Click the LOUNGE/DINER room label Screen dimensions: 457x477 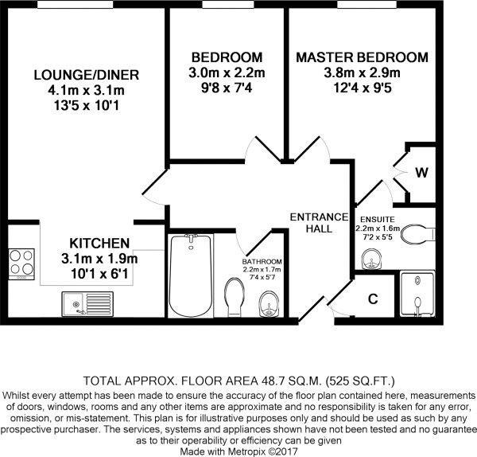(87, 76)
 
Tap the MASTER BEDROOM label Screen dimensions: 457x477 (362, 58)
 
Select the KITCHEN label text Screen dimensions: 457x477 (99, 243)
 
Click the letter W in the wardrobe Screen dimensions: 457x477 (421, 171)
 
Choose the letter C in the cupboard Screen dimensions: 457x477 (372, 300)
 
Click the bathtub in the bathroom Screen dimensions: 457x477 (189, 277)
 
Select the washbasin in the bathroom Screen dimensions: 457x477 (268, 304)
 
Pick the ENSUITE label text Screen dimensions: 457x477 (376, 218)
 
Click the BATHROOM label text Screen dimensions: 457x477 (262, 261)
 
